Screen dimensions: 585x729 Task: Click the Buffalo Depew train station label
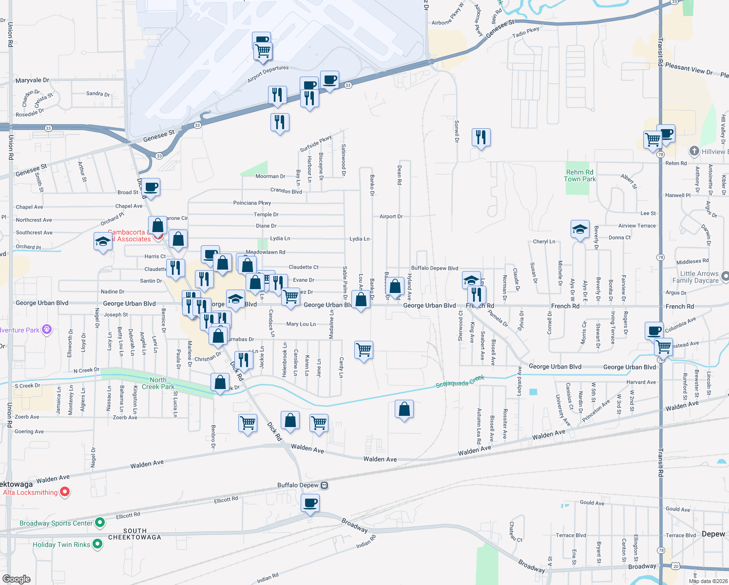click(298, 485)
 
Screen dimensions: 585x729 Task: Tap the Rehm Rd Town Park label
click(579, 175)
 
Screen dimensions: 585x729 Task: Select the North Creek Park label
click(158, 383)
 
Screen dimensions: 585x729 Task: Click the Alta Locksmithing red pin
click(64, 492)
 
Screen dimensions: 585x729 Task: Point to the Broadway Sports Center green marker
click(100, 523)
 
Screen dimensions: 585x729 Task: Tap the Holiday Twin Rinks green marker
click(97, 544)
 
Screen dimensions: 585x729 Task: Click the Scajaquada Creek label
click(460, 381)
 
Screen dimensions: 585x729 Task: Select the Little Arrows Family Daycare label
click(699, 277)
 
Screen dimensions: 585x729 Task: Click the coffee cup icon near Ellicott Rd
click(310, 503)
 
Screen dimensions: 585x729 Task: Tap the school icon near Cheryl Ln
click(580, 229)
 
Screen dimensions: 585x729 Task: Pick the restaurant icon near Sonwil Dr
click(481, 137)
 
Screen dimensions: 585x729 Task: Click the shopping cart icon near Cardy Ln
click(364, 350)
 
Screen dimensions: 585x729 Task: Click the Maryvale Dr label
click(32, 80)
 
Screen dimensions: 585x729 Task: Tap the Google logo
click(17, 579)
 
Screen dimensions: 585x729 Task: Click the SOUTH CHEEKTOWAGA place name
click(134, 534)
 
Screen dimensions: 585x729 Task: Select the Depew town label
click(713, 534)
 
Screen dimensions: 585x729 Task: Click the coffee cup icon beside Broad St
click(151, 187)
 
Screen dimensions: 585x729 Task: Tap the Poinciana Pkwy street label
click(252, 203)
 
